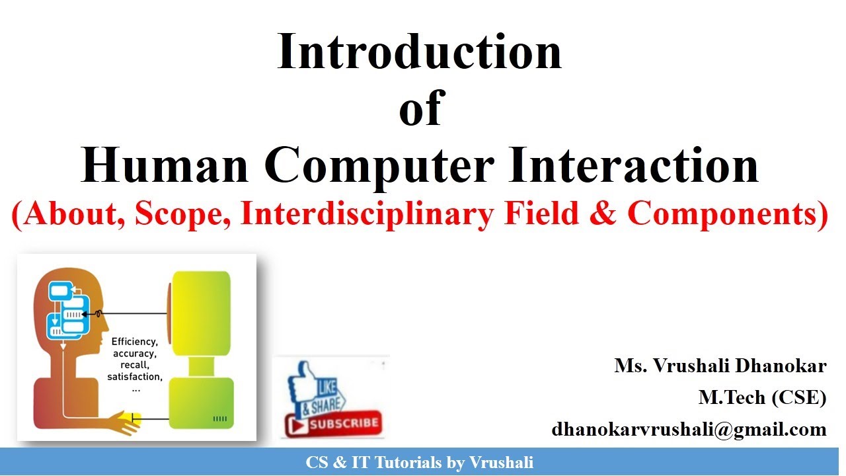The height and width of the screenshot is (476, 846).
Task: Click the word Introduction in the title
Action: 419,52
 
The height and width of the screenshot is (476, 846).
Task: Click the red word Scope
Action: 178,214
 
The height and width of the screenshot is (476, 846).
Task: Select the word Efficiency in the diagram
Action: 134,342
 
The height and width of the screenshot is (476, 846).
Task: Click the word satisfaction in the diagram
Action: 134,377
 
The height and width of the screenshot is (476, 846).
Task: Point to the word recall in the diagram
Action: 134,365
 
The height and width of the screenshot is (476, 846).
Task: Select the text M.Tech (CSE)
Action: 762,397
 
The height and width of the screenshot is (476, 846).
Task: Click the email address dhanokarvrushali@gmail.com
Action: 689,429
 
